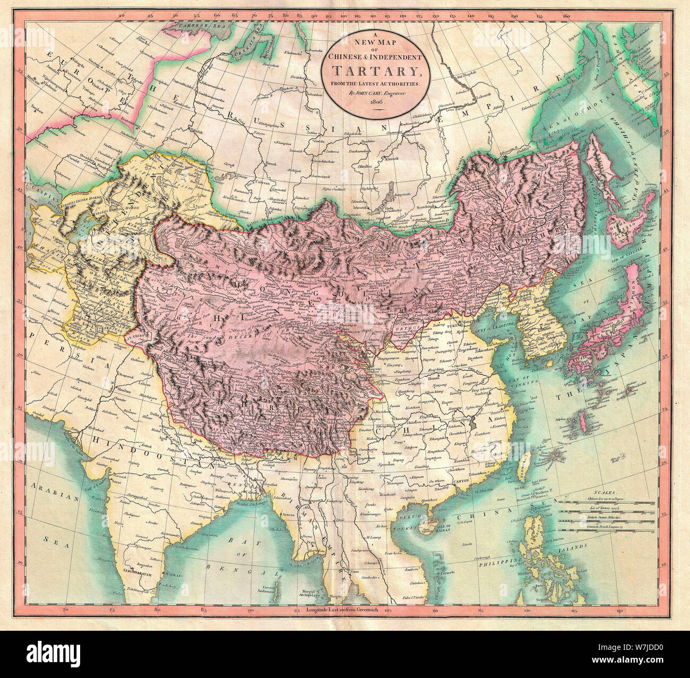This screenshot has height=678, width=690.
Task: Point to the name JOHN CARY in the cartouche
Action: [372, 92]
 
